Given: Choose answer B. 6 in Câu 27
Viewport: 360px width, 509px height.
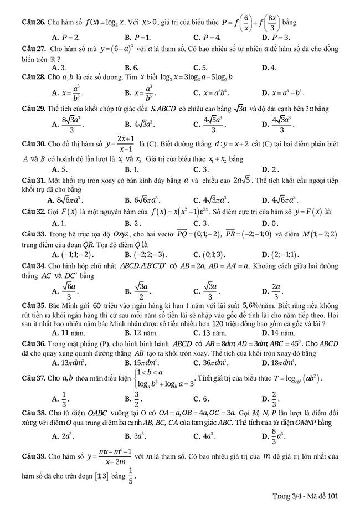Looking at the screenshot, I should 131,68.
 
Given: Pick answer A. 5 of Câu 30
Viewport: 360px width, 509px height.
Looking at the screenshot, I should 60,169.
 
